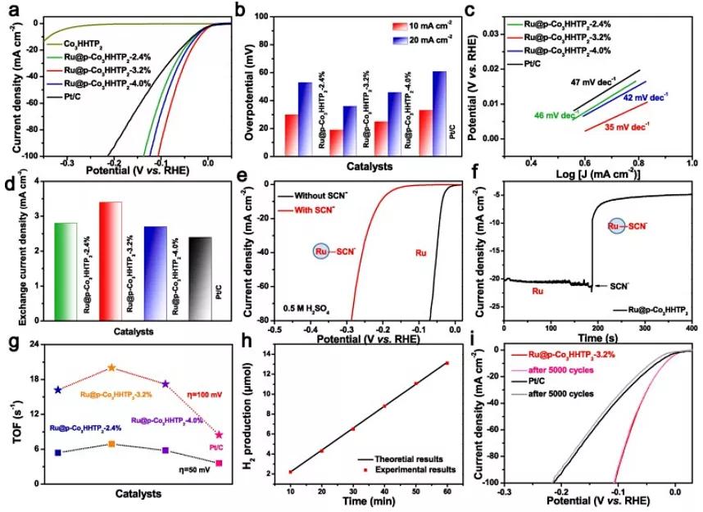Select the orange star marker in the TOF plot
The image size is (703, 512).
(x=111, y=369)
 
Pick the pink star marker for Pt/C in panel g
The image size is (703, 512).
(x=218, y=435)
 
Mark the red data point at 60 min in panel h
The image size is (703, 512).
(x=447, y=363)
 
